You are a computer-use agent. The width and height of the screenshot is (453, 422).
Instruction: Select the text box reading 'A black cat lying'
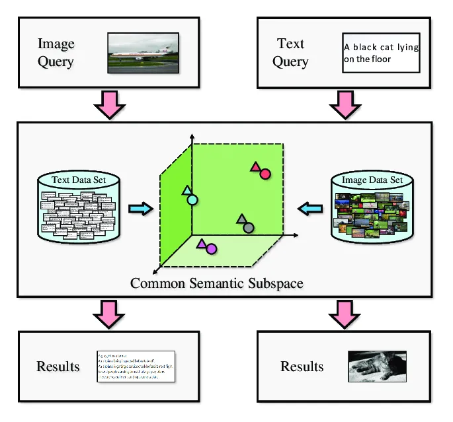tap(381, 53)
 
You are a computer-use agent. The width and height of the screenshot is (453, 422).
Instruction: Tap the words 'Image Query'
tap(56, 53)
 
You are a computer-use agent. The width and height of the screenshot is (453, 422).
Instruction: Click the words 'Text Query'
tap(290, 53)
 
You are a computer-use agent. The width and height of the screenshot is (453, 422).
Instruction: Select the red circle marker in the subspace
tap(265, 174)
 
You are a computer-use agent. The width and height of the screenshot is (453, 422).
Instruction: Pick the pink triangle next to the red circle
tap(255, 167)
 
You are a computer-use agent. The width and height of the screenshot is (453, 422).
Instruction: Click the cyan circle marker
tap(192, 199)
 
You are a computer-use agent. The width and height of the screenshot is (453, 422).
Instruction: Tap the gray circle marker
tap(249, 228)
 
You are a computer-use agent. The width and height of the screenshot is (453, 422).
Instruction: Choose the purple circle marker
tap(211, 249)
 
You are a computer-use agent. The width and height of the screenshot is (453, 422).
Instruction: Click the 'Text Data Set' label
tap(79, 180)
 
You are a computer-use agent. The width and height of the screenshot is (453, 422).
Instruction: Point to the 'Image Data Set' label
tap(372, 180)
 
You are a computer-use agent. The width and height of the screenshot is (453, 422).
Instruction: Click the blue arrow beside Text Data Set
tap(140, 209)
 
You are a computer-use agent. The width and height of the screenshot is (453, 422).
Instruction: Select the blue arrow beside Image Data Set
tap(310, 209)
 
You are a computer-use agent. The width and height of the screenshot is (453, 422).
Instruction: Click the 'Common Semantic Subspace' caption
tap(216, 284)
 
